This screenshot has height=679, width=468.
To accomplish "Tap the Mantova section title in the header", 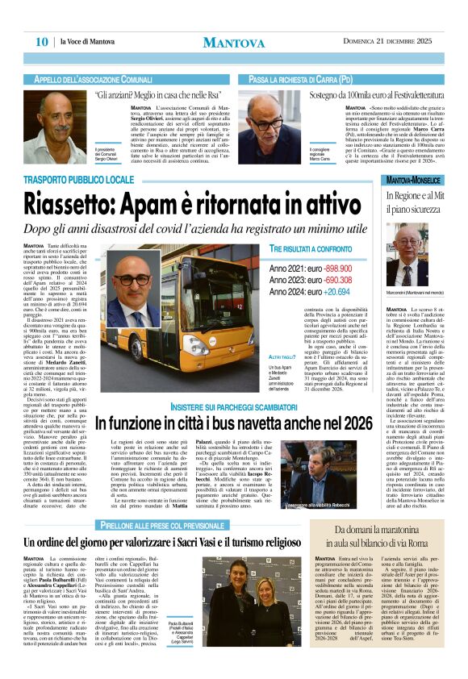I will coord(233,42).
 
